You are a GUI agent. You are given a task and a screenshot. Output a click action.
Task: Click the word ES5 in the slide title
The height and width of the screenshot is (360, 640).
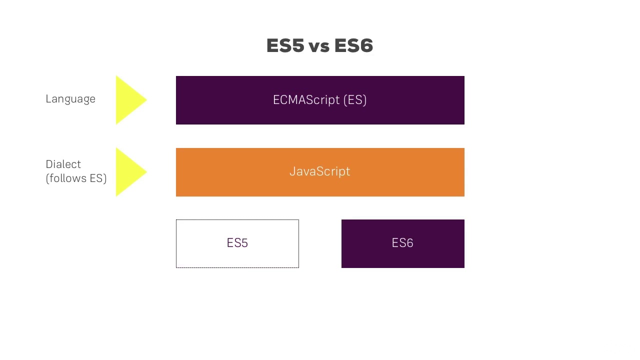(285, 46)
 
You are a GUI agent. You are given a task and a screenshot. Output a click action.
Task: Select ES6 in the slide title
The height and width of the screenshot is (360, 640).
(353, 46)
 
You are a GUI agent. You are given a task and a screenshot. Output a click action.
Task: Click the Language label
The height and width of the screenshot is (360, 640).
(70, 99)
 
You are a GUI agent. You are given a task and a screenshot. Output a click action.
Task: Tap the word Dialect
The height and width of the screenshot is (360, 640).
(63, 164)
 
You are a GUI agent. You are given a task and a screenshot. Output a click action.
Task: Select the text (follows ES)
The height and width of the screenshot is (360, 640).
(76, 178)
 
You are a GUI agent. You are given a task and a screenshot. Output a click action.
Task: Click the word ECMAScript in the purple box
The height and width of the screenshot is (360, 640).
(306, 100)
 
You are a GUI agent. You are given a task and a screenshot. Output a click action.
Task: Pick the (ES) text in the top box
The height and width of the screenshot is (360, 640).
(355, 100)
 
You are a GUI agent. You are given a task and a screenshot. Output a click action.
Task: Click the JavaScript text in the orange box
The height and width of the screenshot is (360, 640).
(320, 171)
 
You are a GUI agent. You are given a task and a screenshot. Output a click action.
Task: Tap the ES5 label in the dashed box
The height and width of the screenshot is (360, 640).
(237, 243)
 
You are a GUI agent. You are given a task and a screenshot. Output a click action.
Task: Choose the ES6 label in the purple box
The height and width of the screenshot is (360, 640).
(402, 243)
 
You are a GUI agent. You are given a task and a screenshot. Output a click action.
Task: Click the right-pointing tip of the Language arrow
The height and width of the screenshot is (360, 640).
(145, 100)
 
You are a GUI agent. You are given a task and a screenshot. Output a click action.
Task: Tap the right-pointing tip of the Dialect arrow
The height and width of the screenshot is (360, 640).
(145, 172)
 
